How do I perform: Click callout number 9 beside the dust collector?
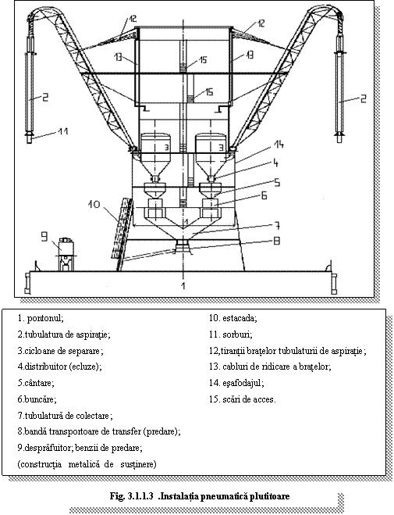44,237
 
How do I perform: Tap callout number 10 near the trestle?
94,205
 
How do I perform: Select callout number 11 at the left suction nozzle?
63,131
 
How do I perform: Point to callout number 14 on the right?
279,145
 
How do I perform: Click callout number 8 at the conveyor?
277,241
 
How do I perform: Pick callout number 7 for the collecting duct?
277,226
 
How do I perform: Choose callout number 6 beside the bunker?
264,195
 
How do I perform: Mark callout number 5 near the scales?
277,182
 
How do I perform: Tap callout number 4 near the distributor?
275,163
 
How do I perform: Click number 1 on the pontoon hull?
183,284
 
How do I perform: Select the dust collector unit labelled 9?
66,253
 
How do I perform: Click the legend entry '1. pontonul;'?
41,318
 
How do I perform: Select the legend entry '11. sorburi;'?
231,334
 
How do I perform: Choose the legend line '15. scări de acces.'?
243,399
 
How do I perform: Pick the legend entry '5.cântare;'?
36,383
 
